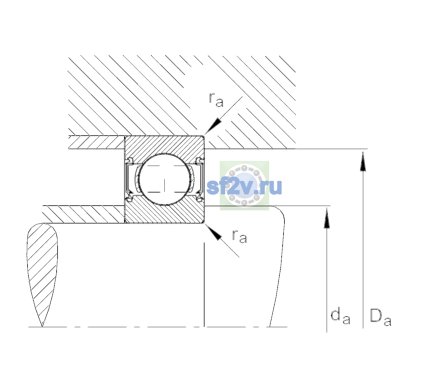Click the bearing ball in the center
point(164,179)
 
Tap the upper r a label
point(216,100)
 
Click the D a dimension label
point(380,317)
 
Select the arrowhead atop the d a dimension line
point(327,217)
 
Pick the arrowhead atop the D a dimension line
point(363,161)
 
